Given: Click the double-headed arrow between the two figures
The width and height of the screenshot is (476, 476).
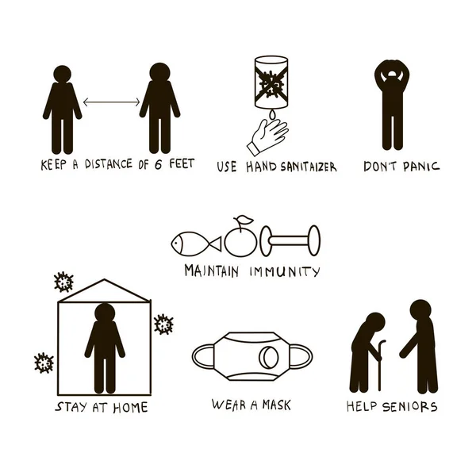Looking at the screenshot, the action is pyautogui.click(x=111, y=102).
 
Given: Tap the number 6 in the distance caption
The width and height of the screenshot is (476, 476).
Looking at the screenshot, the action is pyautogui.click(x=158, y=164).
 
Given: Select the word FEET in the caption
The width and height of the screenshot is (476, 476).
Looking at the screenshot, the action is pyautogui.click(x=182, y=164).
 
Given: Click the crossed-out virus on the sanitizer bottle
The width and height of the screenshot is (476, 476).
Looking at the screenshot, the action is pyautogui.click(x=271, y=84).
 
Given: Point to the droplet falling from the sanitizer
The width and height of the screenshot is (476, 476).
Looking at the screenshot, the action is pyautogui.click(x=272, y=115).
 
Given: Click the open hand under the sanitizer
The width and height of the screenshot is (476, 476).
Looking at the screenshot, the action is pyautogui.click(x=267, y=136).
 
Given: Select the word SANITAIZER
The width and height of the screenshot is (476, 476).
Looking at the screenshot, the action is pyautogui.click(x=308, y=167).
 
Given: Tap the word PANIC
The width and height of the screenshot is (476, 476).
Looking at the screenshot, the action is pyautogui.click(x=421, y=167).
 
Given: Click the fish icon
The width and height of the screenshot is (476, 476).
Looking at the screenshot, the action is pyautogui.click(x=196, y=244).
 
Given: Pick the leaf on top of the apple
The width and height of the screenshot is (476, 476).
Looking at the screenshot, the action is pyautogui.click(x=245, y=220).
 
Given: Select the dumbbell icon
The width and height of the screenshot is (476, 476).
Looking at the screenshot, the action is pyautogui.click(x=290, y=240).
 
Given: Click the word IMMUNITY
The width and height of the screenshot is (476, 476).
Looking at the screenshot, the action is pyautogui.click(x=285, y=271).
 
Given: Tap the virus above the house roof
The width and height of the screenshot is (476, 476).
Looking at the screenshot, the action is pyautogui.click(x=63, y=282).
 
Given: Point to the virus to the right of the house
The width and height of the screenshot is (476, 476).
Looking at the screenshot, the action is pyautogui.click(x=163, y=324).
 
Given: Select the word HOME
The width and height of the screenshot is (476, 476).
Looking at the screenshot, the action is pyautogui.click(x=131, y=408).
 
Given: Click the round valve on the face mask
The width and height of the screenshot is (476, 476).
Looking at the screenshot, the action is pyautogui.click(x=268, y=357).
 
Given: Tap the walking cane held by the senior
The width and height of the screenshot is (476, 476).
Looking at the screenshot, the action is pyautogui.click(x=379, y=365).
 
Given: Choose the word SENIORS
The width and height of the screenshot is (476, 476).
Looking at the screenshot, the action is pyautogui.click(x=410, y=406).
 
